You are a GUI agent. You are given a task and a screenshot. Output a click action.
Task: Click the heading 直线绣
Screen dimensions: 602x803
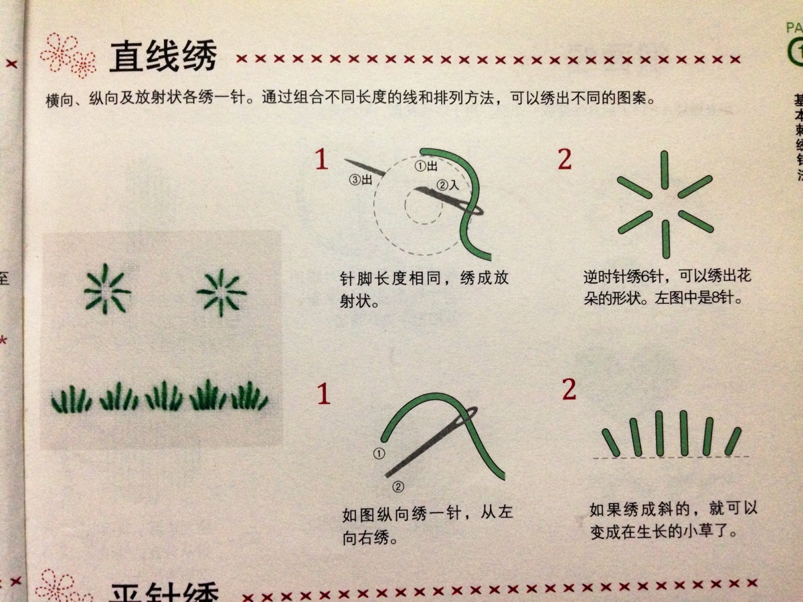coord(163,57)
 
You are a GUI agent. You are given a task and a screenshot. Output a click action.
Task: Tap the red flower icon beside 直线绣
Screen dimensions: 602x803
coord(68,53)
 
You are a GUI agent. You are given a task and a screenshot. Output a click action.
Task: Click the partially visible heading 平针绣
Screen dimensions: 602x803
coord(164,591)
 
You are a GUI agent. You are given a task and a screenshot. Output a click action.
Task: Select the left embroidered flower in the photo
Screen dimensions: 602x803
coord(106,290)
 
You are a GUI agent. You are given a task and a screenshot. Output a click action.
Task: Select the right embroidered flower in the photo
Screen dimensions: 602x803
coord(221,292)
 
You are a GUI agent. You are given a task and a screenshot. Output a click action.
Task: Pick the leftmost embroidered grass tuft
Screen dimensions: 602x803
coord(71,399)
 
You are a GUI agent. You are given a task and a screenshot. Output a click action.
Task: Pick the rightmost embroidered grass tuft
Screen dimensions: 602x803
coord(250,396)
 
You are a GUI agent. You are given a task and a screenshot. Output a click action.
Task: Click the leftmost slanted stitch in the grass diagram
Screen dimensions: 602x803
coord(610,442)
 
